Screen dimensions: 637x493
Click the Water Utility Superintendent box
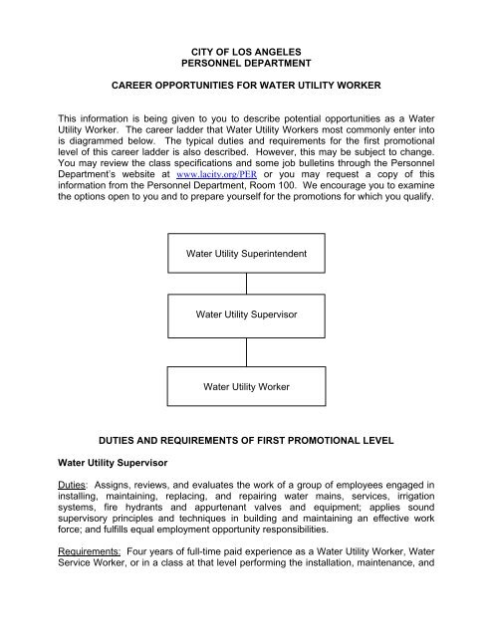pos(245,253)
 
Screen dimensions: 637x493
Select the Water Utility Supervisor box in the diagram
pos(245,317)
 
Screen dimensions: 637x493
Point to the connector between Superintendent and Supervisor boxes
pos(245,284)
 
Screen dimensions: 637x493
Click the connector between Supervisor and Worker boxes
pos(245,349)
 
